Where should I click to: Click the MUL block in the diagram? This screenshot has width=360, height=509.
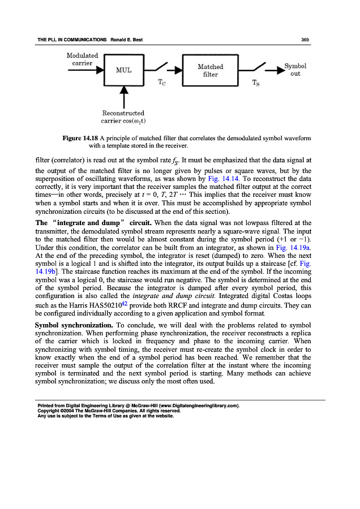[x=124, y=71]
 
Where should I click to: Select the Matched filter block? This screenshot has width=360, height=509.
[x=210, y=71]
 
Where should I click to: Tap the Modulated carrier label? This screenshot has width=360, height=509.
[x=83, y=59]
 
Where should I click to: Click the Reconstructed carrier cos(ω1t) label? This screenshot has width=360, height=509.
[x=123, y=117]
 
